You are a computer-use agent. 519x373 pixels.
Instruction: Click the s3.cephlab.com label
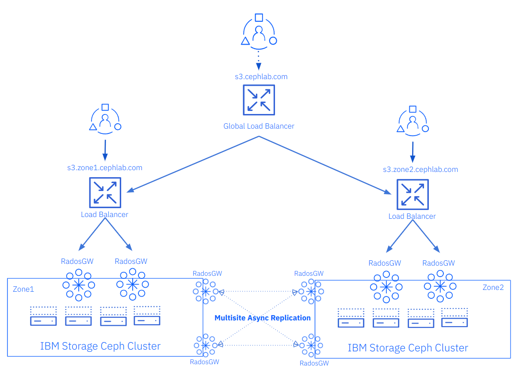pyautogui.click(x=261, y=77)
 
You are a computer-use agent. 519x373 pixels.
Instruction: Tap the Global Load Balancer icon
pyautogui.click(x=259, y=100)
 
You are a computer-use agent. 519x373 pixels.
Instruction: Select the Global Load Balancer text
pyautogui.click(x=259, y=126)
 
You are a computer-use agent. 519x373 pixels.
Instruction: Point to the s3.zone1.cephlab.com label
pyautogui.click(x=105, y=168)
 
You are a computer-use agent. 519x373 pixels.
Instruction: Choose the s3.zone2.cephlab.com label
pyautogui.click(x=420, y=170)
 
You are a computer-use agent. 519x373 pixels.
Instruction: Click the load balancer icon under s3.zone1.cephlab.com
pyautogui.click(x=105, y=193)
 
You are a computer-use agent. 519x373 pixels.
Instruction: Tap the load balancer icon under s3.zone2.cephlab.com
pyautogui.click(x=412, y=194)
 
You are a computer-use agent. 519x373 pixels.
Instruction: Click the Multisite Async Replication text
pyautogui.click(x=263, y=318)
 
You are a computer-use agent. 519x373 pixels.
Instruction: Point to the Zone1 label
pyautogui.click(x=23, y=289)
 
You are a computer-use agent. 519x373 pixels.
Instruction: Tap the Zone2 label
pyautogui.click(x=493, y=287)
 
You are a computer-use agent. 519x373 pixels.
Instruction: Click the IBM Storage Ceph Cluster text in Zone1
pyautogui.click(x=100, y=346)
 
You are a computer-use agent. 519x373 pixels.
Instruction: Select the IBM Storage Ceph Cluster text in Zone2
pyautogui.click(x=408, y=348)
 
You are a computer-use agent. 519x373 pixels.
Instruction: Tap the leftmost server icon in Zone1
pyautogui.click(x=43, y=316)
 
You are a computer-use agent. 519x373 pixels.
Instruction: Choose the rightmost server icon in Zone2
pyautogui.click(x=454, y=318)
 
